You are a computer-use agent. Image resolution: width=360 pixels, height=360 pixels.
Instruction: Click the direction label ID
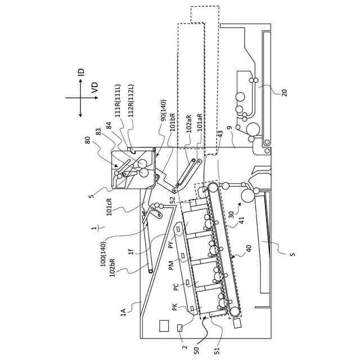click(x=81, y=73)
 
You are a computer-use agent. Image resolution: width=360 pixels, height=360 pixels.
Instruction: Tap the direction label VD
click(x=94, y=88)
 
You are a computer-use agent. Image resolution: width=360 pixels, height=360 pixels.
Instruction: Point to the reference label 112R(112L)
click(x=131, y=101)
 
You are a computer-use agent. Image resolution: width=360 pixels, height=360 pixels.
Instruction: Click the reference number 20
click(x=284, y=93)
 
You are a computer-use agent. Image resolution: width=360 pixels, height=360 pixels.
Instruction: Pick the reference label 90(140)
click(x=163, y=110)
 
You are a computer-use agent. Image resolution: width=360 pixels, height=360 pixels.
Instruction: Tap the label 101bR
click(x=173, y=122)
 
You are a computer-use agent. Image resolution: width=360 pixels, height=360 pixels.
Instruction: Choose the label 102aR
click(x=189, y=122)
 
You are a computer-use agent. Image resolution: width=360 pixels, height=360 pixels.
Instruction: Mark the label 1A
click(x=123, y=312)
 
